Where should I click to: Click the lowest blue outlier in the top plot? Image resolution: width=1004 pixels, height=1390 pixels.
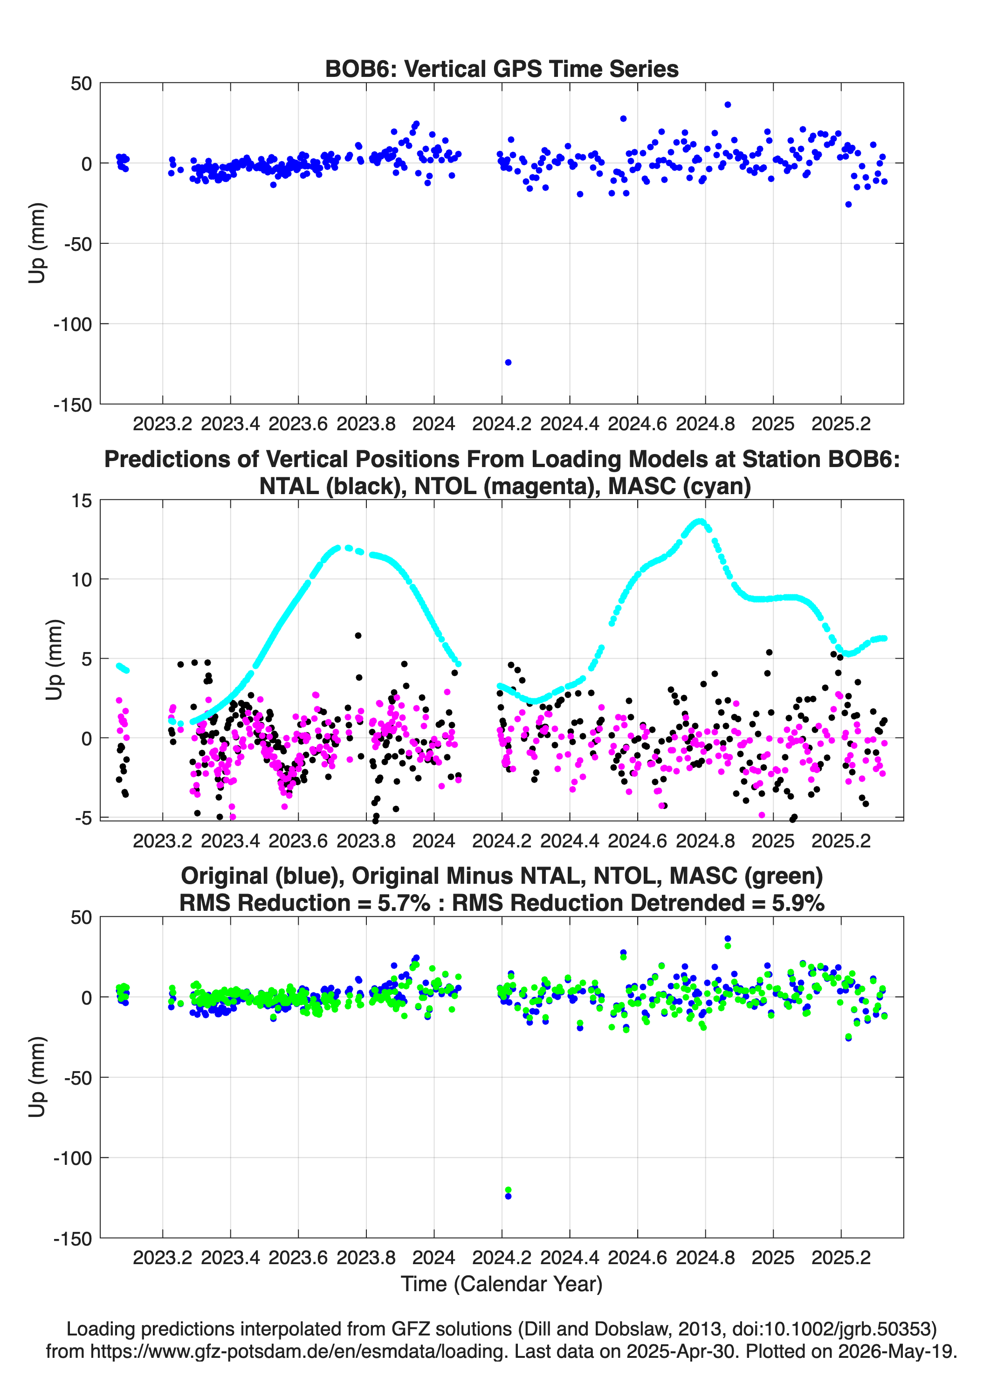pyautogui.click(x=508, y=362)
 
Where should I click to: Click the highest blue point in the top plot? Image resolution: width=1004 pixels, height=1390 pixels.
pyautogui.click(x=728, y=105)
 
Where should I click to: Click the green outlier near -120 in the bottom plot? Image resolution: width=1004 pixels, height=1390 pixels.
pyautogui.click(x=508, y=1190)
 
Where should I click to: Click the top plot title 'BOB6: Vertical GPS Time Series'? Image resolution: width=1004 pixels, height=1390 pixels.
pyautogui.click(x=502, y=69)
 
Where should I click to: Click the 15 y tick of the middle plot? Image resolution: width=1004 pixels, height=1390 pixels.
pyautogui.click(x=82, y=501)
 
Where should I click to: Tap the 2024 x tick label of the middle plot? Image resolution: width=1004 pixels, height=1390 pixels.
pyautogui.click(x=433, y=841)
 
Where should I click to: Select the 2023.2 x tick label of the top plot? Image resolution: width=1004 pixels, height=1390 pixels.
pyautogui.click(x=162, y=424)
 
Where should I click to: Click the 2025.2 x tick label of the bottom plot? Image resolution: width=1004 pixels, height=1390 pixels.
pyautogui.click(x=841, y=1258)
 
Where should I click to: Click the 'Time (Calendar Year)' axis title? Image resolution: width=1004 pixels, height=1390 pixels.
pyautogui.click(x=502, y=1284)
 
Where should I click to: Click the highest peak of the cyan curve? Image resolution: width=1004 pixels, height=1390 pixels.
pyautogui.click(x=701, y=522)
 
